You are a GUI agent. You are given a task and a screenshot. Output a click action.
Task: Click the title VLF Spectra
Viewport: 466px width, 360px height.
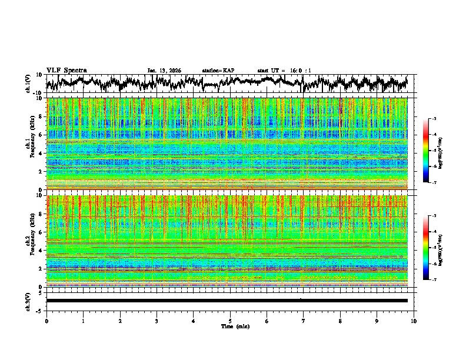pyautogui.click(x=65, y=70)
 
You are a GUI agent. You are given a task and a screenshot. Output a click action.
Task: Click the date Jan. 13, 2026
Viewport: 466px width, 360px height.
pyautogui.click(x=164, y=71)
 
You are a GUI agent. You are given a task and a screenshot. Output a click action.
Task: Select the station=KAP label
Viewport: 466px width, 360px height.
pyautogui.click(x=218, y=71)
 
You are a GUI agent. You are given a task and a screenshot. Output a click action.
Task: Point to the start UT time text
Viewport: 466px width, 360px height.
pyautogui.click(x=284, y=71)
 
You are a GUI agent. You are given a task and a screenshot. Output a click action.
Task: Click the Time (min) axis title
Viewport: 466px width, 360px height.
pyautogui.click(x=230, y=326)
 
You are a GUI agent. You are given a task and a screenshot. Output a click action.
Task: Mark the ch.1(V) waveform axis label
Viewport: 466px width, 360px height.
pyautogui.click(x=28, y=84)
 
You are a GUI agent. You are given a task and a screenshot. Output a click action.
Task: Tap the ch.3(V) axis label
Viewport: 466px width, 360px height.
pyautogui.click(x=28, y=301)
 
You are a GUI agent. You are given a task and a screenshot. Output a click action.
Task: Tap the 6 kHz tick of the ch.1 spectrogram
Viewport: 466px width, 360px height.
pyautogui.click(x=41, y=135)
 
